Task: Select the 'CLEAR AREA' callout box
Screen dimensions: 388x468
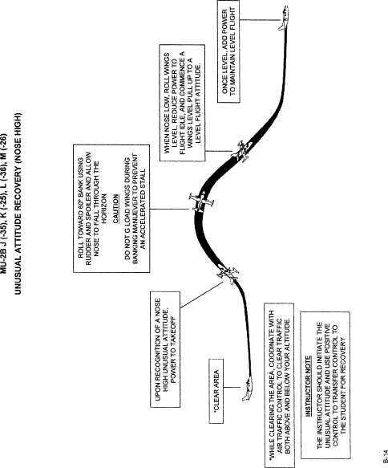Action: click(x=216, y=391)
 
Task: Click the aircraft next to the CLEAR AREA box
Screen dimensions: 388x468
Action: click(x=248, y=389)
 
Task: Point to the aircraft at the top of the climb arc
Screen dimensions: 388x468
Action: click(x=201, y=202)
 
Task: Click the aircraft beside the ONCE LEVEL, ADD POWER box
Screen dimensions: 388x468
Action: click(x=284, y=18)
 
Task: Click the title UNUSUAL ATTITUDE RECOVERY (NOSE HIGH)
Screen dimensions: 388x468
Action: click(x=18, y=204)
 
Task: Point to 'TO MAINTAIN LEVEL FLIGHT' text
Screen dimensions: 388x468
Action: click(x=233, y=51)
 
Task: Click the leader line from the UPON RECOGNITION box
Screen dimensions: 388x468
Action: click(x=202, y=295)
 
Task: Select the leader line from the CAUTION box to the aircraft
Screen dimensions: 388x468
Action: click(x=169, y=209)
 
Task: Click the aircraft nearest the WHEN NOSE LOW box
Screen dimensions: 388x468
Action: click(x=242, y=152)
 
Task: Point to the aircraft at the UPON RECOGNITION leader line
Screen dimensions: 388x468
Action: click(x=228, y=274)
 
